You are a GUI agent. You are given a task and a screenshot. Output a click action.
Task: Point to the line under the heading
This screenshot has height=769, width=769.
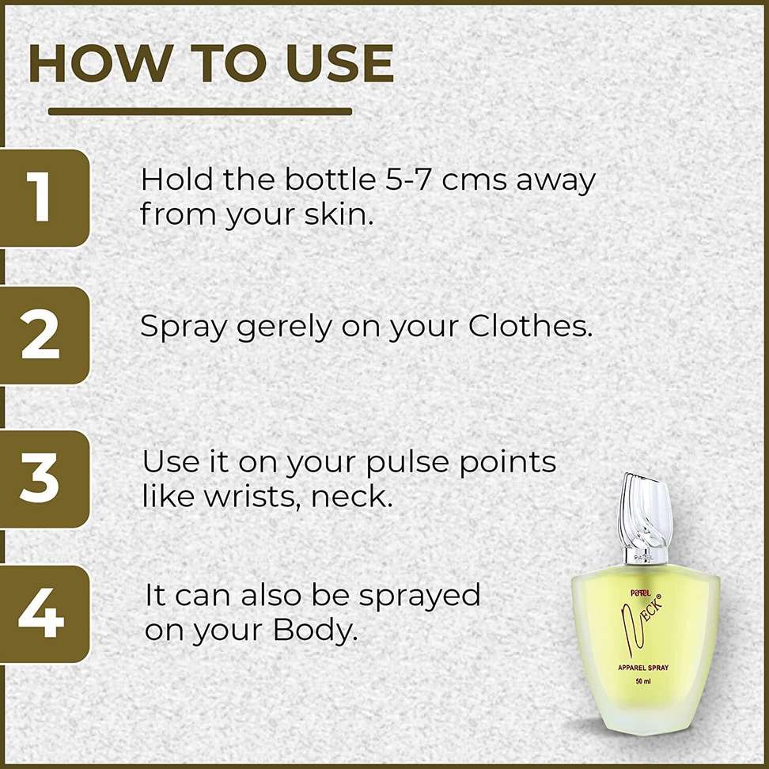click(200, 112)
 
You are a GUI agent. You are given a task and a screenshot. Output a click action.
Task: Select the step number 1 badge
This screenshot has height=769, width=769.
click(44, 198)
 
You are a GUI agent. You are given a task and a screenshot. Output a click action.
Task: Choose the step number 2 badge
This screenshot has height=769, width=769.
click(44, 335)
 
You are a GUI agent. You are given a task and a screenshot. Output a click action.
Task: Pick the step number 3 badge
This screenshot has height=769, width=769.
click(44, 479)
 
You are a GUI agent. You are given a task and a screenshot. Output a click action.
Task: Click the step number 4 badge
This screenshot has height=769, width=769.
click(44, 614)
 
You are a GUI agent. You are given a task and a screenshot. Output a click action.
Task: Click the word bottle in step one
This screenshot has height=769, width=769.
click(331, 180)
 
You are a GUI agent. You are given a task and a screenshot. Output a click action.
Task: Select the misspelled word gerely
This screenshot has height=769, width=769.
click(284, 328)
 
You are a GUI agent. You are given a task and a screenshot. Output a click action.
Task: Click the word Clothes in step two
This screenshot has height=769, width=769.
click(530, 325)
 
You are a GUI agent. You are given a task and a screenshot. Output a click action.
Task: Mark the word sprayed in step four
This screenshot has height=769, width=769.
click(419, 597)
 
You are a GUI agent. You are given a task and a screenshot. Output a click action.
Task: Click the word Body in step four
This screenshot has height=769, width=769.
click(314, 631)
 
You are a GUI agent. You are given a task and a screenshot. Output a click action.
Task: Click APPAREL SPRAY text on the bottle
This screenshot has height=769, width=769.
click(643, 668)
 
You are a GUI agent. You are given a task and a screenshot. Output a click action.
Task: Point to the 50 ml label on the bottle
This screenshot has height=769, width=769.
click(643, 681)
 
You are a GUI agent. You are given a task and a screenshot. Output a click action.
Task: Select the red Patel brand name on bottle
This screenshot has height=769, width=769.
click(640, 593)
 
